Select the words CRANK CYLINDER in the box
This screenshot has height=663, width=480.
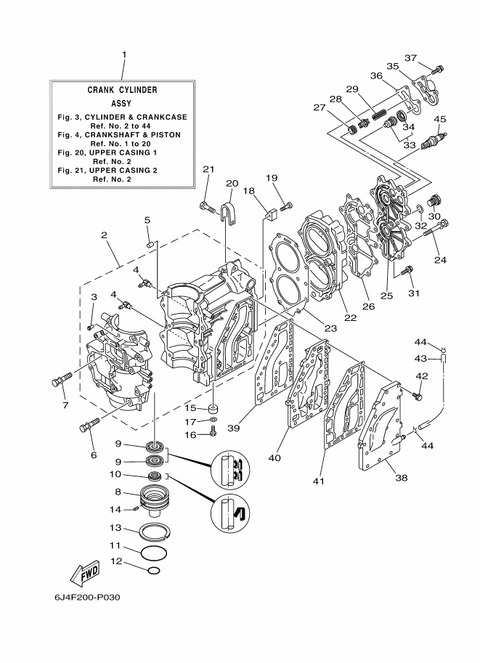click(122, 90)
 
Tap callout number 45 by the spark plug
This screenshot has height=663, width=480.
click(440, 119)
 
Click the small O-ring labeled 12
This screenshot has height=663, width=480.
click(154, 571)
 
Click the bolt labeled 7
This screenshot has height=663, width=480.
click(62, 378)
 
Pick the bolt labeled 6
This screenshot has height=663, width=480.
click(89, 425)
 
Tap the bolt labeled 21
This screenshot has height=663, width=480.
click(209, 207)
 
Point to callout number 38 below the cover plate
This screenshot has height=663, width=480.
click(401, 478)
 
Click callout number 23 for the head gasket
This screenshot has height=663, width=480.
click(330, 328)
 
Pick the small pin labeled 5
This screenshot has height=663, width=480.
click(150, 245)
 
